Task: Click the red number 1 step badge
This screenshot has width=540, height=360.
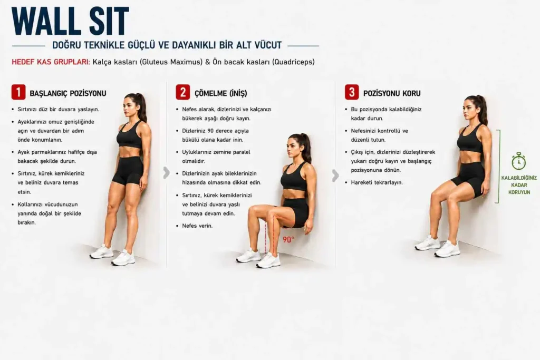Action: [18, 92]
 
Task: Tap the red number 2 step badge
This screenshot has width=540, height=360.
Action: [183, 92]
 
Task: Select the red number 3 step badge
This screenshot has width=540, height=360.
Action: [352, 92]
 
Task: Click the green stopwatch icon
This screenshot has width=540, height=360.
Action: [519, 161]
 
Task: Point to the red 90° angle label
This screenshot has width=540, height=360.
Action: [288, 239]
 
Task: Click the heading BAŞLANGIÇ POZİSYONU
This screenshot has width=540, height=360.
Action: [68, 93]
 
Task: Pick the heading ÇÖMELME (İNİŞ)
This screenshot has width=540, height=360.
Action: [221, 93]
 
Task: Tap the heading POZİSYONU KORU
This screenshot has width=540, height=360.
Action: [392, 93]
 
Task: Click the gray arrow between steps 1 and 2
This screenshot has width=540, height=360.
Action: [166, 173]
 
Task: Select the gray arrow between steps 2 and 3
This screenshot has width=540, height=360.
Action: [335, 176]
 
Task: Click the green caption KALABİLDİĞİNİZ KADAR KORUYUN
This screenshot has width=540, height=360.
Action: [519, 185]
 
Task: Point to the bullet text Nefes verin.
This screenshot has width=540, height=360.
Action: [197, 226]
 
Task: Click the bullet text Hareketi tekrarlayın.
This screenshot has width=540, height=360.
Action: [377, 182]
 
